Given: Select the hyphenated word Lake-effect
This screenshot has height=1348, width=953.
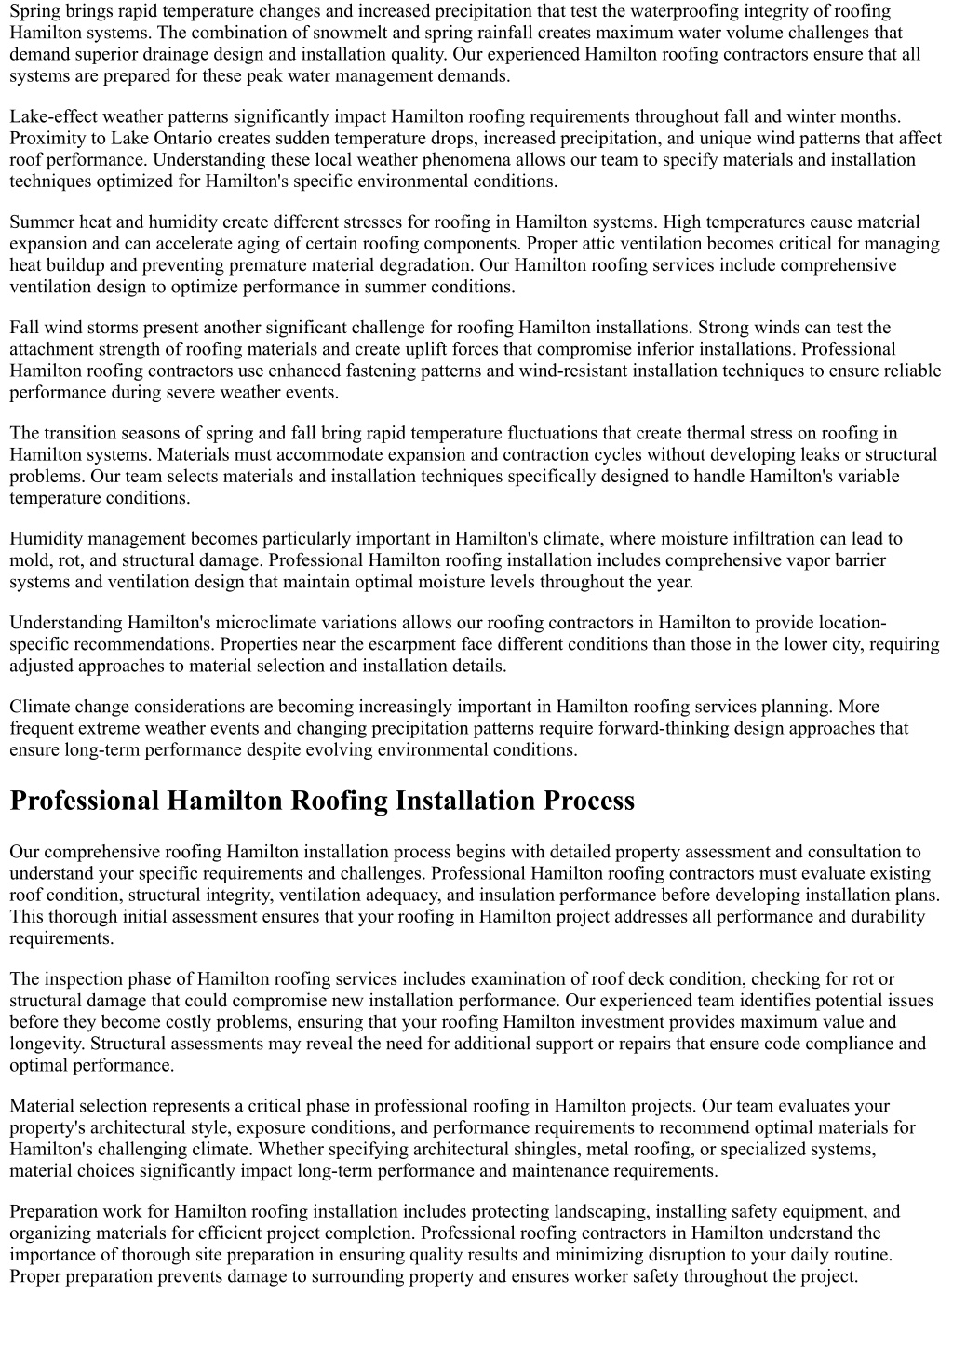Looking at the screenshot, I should point(53,116).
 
